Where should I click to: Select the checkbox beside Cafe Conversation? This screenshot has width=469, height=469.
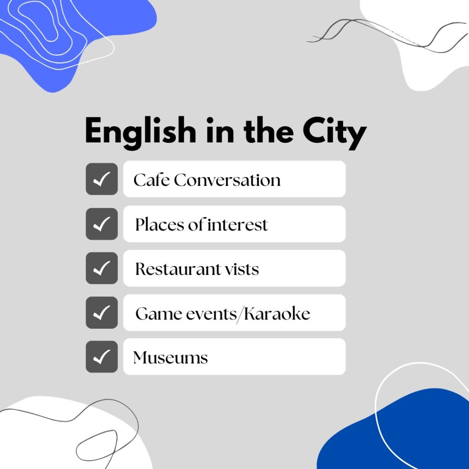[102, 179]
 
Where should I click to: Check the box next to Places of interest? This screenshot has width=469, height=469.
[102, 224]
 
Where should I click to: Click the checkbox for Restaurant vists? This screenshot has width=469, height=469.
[102, 268]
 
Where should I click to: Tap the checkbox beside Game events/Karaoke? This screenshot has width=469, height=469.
[102, 312]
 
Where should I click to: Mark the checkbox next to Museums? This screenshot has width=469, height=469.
[102, 356]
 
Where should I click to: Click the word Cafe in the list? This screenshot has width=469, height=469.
[152, 180]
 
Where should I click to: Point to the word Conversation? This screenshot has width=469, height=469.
[227, 180]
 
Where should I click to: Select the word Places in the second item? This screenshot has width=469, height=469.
[160, 224]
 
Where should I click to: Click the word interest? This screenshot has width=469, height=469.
[238, 224]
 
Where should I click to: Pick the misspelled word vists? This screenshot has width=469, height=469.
[242, 269]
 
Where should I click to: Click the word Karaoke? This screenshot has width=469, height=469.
[277, 313]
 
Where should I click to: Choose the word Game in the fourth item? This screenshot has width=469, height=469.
[158, 314]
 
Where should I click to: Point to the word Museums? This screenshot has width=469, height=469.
[170, 357]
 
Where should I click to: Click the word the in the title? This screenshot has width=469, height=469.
[268, 131]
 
